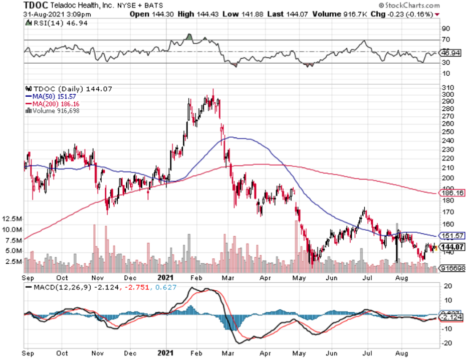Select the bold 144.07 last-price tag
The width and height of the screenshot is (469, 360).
(452, 247)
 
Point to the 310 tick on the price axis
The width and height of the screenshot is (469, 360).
(448, 88)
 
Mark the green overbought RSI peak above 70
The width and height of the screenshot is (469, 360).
(189, 36)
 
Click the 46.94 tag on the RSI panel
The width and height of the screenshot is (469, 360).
(451, 52)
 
